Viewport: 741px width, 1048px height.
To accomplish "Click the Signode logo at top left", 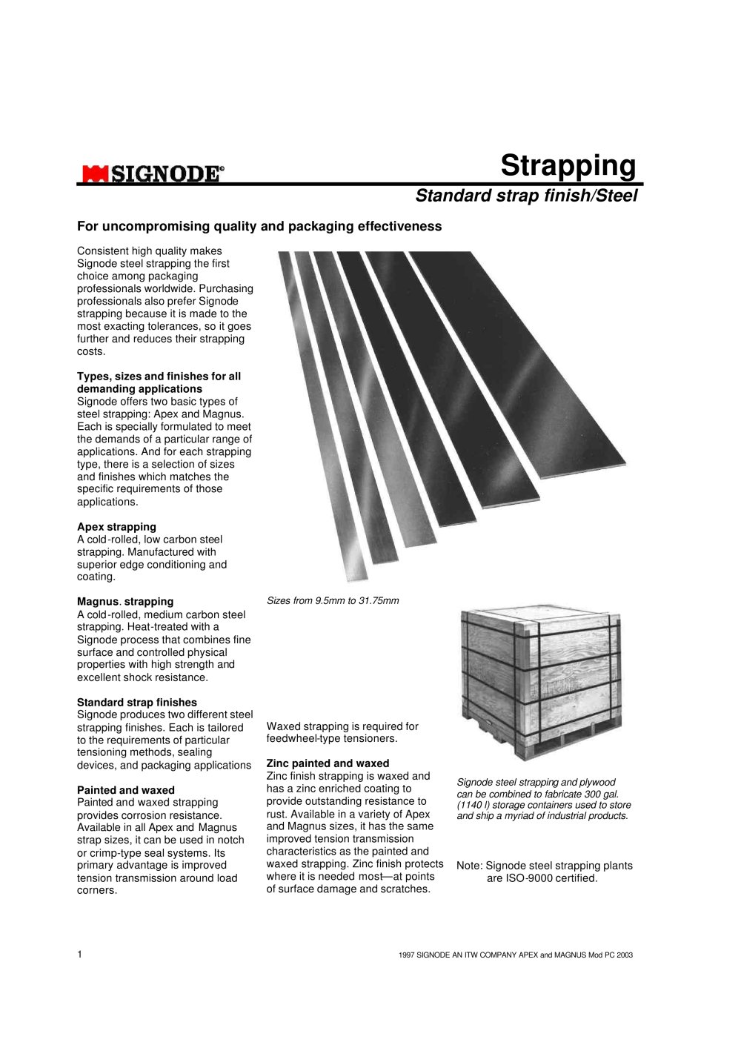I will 151,174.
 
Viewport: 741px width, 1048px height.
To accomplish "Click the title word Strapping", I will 568,165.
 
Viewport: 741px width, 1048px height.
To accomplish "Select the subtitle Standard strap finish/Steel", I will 525,196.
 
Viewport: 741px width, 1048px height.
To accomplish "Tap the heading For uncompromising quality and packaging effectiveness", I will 259,226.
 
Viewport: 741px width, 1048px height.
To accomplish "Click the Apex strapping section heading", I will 116,527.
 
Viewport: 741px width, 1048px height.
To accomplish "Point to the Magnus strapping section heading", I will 125,602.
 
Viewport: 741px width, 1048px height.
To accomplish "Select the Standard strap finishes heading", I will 137,702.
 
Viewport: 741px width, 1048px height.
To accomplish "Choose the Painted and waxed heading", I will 126,790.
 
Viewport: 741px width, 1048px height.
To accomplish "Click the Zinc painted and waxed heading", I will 328,763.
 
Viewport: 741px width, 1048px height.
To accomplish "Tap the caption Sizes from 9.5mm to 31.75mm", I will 333,601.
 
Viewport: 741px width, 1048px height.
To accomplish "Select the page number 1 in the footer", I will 80,955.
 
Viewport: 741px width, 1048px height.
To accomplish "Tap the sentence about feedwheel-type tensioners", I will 342,732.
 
